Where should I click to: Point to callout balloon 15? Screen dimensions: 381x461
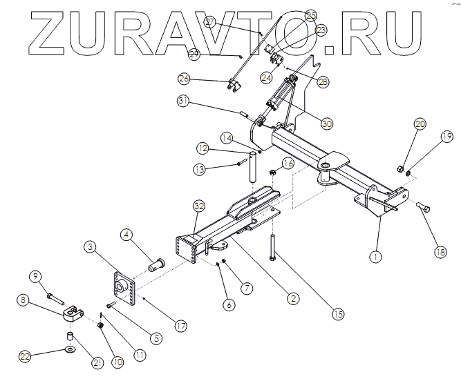[x=338, y=314]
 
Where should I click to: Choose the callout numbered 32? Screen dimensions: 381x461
[x=199, y=206]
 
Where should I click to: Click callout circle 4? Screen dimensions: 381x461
[x=127, y=235]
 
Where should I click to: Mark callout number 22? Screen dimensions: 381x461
[x=25, y=356]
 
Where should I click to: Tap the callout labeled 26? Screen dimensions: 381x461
[x=184, y=78]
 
